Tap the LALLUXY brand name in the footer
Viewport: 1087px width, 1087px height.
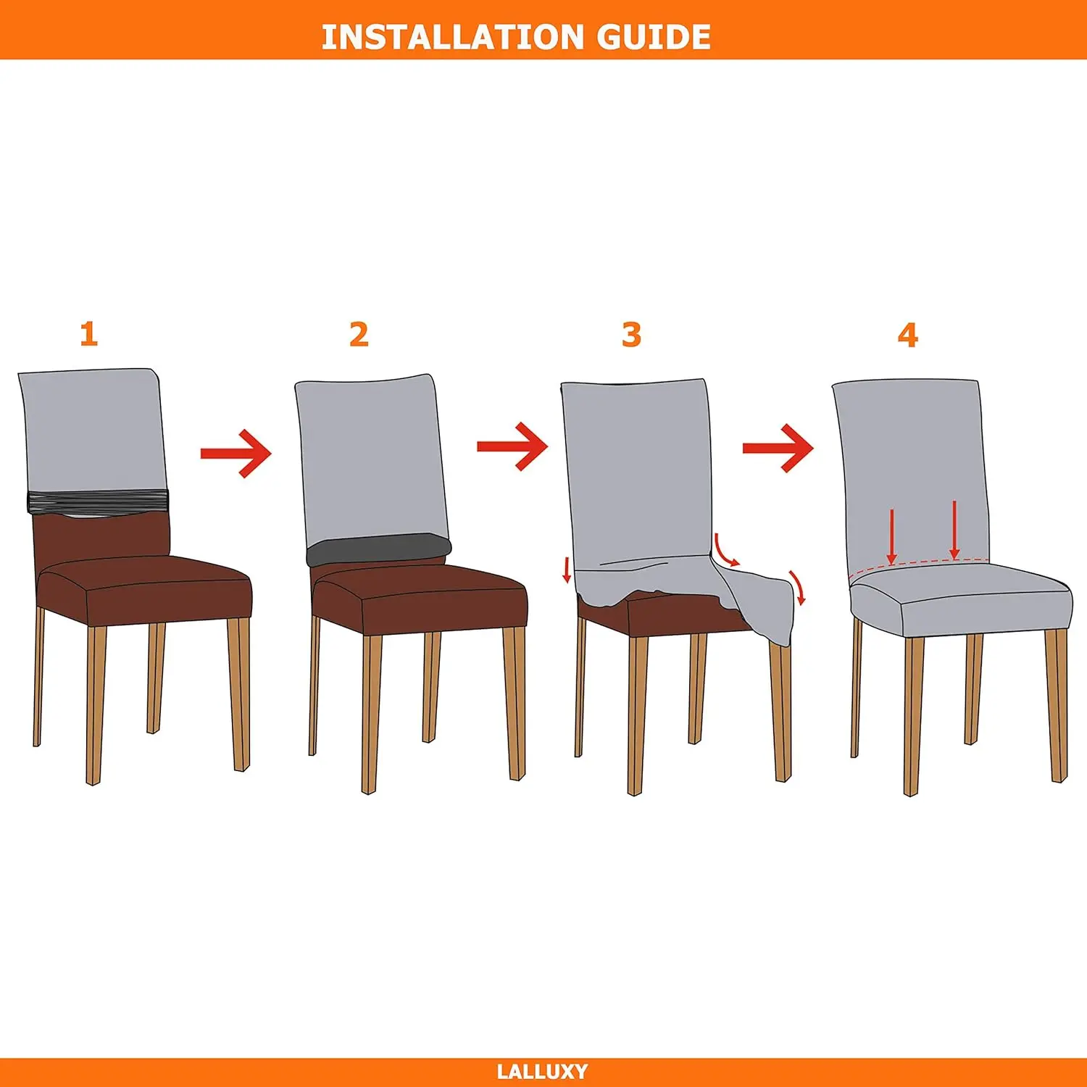(x=542, y=1072)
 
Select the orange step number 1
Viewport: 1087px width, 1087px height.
(x=88, y=334)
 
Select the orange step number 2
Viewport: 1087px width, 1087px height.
(x=359, y=334)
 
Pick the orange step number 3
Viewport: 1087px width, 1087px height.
(x=631, y=335)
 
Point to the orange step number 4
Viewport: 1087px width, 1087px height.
(x=907, y=335)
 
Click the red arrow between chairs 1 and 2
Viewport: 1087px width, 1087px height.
(x=236, y=454)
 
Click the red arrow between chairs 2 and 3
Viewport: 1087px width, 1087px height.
(x=512, y=446)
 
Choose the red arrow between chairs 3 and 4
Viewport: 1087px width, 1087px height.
(x=778, y=449)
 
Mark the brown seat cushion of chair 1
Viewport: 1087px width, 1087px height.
(x=145, y=587)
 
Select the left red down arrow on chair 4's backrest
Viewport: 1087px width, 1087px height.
(x=891, y=536)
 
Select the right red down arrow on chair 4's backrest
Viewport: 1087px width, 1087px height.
(x=954, y=530)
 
